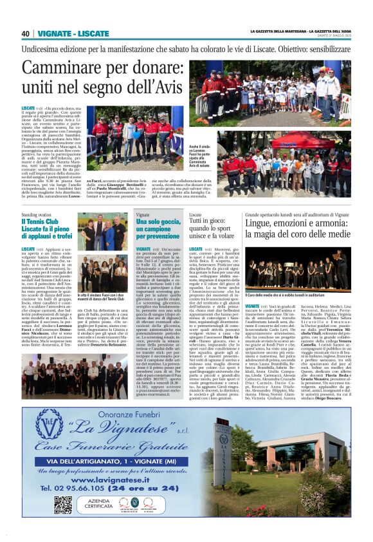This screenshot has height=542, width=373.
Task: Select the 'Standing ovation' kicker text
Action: [x=37, y=215]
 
